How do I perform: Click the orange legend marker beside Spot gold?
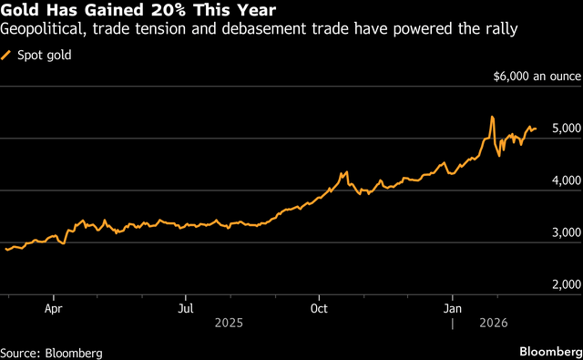[7, 56]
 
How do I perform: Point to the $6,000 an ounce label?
[534, 77]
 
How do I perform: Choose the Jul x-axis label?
[185, 308]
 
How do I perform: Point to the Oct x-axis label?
[319, 308]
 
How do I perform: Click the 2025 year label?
[230, 323]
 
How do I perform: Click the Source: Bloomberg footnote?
[51, 352]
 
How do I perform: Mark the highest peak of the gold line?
[492, 117]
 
